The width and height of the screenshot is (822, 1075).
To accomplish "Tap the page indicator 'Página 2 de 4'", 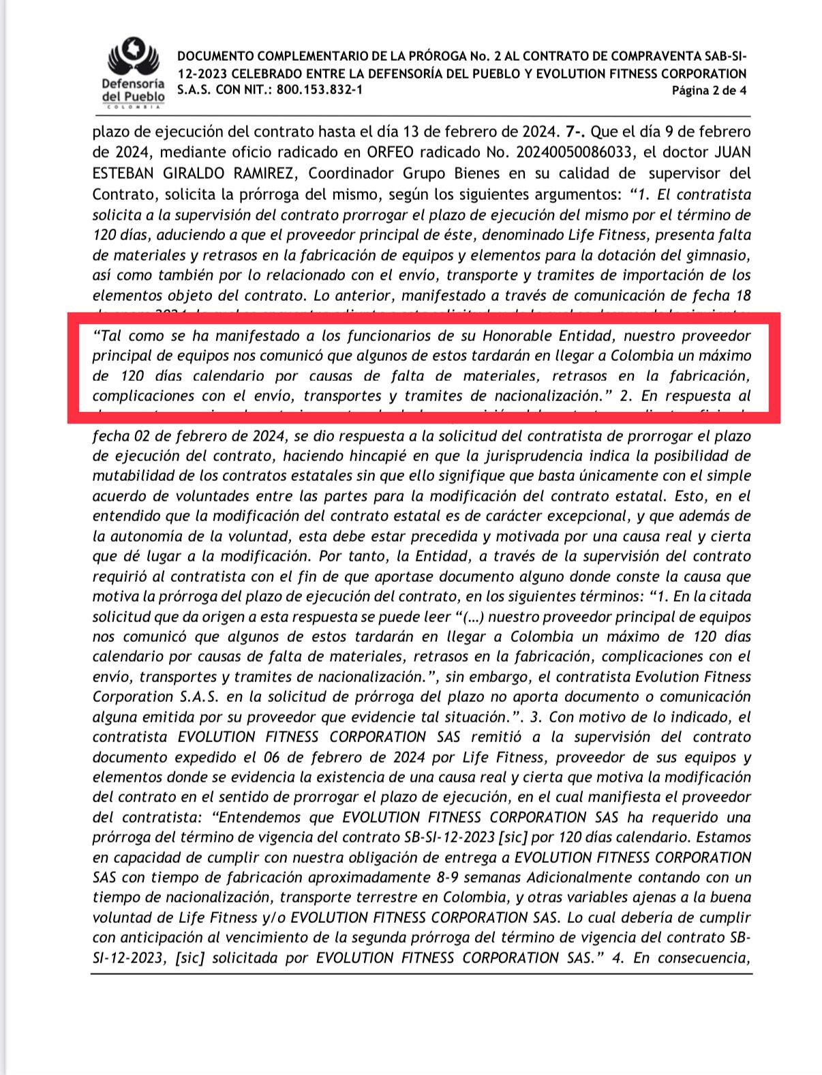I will pyautogui.click(x=709, y=91).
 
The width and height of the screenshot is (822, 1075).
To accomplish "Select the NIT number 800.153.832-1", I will pyautogui.click(x=316, y=90).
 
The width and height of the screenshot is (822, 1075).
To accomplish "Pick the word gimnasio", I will pyautogui.click(x=720, y=255).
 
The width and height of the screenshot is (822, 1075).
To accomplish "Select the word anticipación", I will pyautogui.click(x=166, y=938).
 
